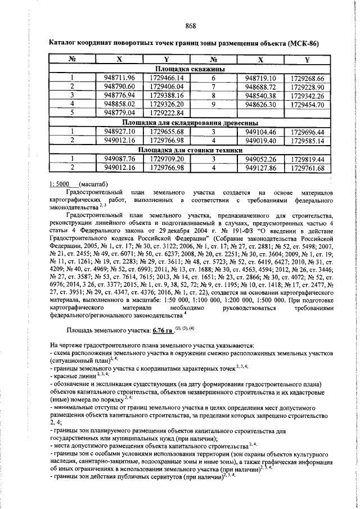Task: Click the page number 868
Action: pos(191,25)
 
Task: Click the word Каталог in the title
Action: pos(66,43)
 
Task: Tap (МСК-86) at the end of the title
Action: pos(303,43)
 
